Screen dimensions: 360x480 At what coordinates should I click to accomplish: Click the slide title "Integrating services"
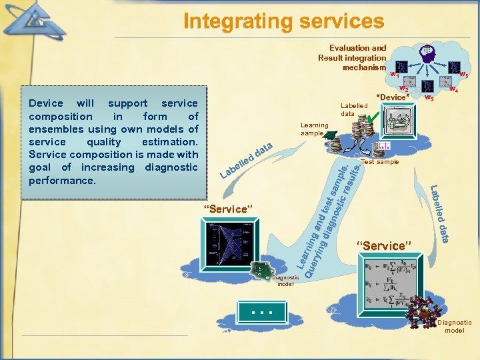coord(284,21)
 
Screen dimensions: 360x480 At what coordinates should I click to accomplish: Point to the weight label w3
coord(430,99)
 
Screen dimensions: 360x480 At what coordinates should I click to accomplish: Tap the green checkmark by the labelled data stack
coord(373,118)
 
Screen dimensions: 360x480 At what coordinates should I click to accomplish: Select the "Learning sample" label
coord(314,129)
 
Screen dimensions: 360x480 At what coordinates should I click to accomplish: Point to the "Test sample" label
coord(379,161)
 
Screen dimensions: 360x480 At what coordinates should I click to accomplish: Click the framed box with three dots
coord(259,311)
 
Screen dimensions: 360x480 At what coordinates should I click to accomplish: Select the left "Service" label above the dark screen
coord(229,209)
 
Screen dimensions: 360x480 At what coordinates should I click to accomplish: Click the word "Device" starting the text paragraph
coord(46,103)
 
